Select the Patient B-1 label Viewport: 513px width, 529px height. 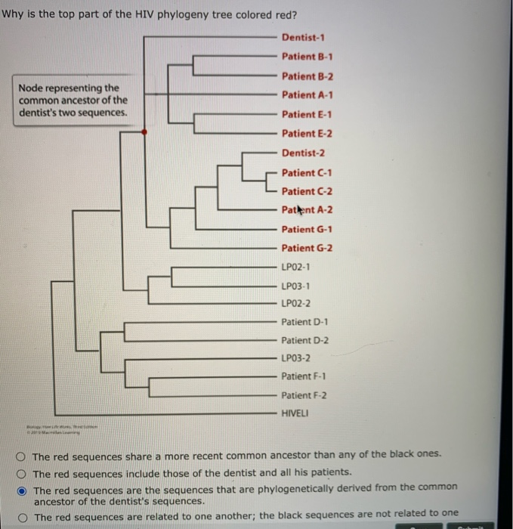[x=307, y=57]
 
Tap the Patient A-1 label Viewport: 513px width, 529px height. [x=307, y=95]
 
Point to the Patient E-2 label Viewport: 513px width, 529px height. [x=307, y=134]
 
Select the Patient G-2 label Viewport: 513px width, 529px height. [x=307, y=248]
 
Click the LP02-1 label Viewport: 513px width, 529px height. [x=295, y=267]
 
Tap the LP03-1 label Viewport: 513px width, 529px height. [x=295, y=286]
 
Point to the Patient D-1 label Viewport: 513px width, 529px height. [x=304, y=321]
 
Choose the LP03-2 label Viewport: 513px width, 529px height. [x=295, y=357]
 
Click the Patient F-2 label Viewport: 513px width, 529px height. [x=304, y=395]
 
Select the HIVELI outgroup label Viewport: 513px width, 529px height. [x=295, y=414]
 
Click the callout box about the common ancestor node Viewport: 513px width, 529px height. [x=73, y=100]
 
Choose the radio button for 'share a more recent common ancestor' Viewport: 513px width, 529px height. [x=23, y=456]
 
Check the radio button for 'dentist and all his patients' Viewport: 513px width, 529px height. [x=23, y=472]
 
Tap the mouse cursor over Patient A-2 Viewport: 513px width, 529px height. [x=300, y=210]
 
